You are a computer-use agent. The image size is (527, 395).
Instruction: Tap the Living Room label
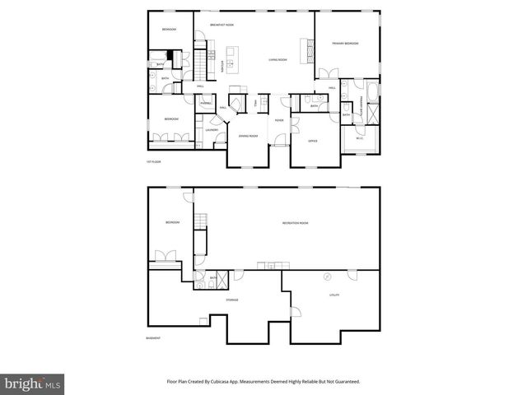[277, 59]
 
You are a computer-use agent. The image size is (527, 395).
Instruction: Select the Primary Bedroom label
[345, 43]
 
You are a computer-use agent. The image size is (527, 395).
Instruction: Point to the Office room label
[313, 142]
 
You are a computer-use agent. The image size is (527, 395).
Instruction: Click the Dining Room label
[248, 135]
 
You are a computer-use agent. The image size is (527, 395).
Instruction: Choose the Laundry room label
[211, 130]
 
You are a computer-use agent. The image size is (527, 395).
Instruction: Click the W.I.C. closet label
[361, 138]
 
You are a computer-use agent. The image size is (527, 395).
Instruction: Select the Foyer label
[279, 120]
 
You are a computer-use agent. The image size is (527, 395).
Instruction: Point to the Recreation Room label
[295, 223]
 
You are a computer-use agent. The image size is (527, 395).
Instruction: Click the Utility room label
[334, 294]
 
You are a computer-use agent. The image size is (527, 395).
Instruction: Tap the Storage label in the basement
[232, 300]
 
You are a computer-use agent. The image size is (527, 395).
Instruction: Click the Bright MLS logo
[33, 383]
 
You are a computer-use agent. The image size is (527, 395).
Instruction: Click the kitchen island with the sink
[231, 59]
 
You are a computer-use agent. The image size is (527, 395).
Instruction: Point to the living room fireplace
[310, 51]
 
